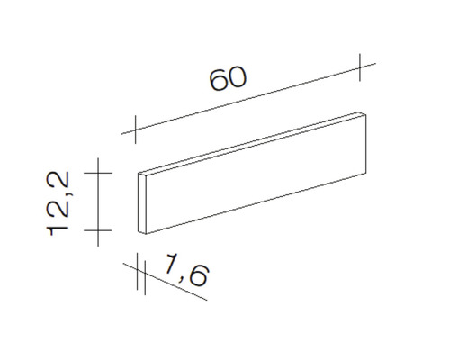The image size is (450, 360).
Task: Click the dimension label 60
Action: click(228, 78)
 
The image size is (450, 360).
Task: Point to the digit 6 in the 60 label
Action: click(219, 81)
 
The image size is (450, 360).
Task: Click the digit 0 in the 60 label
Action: click(237, 76)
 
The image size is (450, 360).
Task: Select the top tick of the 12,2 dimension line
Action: click(97, 171)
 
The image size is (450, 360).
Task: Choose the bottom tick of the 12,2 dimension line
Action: click(97, 230)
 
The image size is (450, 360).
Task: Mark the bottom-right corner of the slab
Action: click(367, 174)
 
